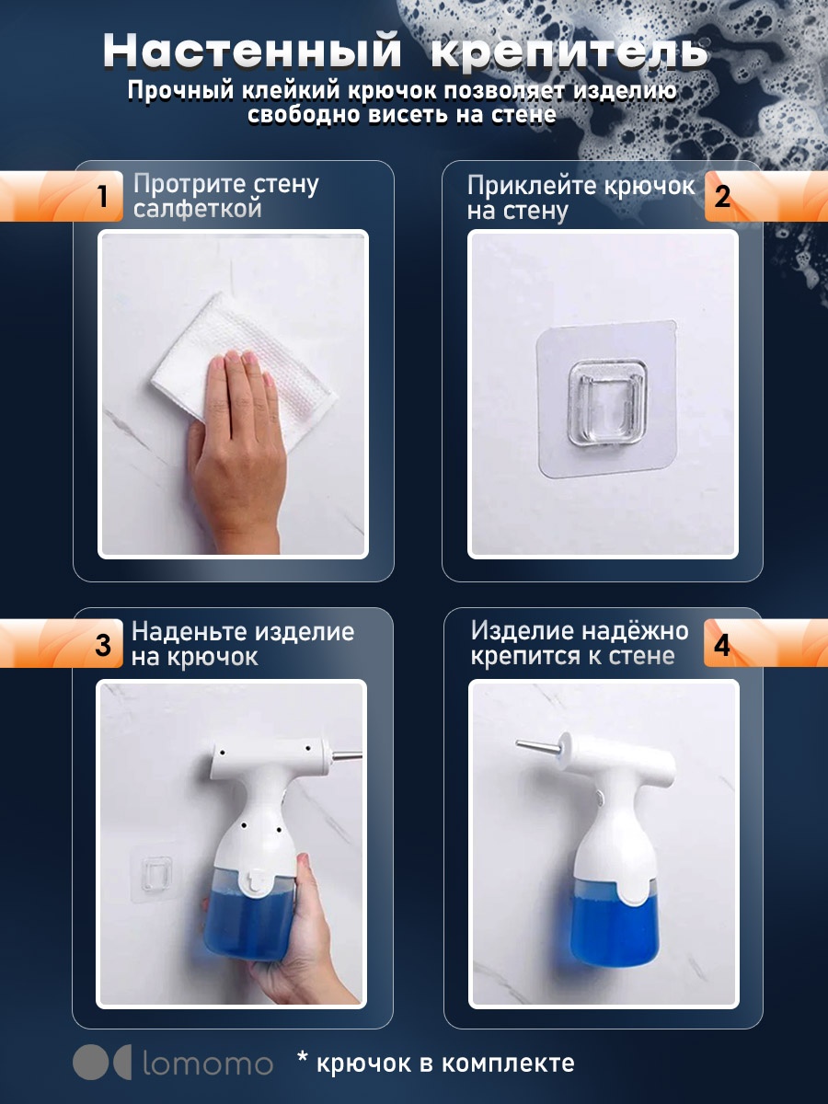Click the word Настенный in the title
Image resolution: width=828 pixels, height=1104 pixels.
[x=252, y=52]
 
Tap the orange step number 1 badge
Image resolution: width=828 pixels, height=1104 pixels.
[x=62, y=196]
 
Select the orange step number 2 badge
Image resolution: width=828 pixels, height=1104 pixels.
[x=766, y=197]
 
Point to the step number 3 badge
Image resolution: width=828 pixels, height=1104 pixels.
[x=62, y=643]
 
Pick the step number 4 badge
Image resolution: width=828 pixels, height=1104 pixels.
[x=765, y=643]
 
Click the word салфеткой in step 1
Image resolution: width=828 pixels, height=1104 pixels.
[x=198, y=209]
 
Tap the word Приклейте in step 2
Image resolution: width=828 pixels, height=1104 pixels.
[x=532, y=186]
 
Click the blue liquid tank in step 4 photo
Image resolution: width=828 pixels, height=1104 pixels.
[x=614, y=926]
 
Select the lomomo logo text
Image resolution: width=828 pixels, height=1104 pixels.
[x=208, y=1064]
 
